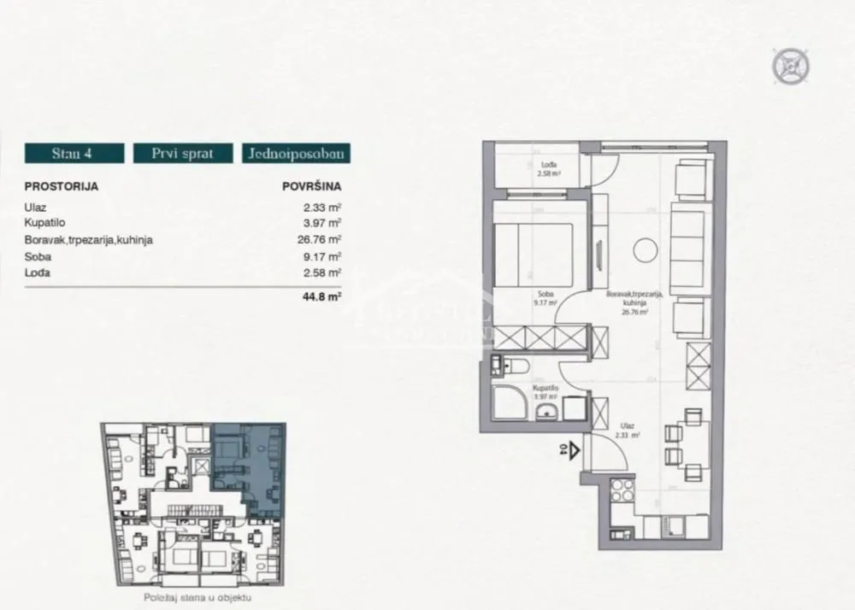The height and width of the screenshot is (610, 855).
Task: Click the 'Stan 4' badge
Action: click(x=74, y=154)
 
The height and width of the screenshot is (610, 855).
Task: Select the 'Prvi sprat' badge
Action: click(x=182, y=154)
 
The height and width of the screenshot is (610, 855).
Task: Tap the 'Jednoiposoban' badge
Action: click(x=296, y=154)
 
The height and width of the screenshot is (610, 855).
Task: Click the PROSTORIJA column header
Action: click(x=62, y=185)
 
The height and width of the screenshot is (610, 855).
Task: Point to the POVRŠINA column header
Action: click(x=311, y=185)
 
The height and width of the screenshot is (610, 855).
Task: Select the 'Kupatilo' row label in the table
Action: click(x=44, y=223)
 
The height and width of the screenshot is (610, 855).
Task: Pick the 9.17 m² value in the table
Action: click(x=322, y=256)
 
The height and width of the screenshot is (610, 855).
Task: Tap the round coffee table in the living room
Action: click(x=645, y=250)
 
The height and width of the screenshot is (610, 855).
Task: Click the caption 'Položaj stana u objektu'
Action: click(x=194, y=601)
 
